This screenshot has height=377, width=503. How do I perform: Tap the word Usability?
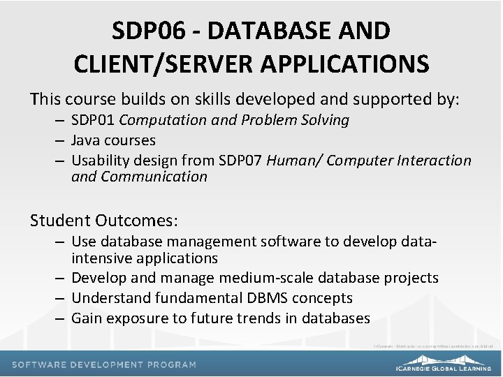[x=101, y=161]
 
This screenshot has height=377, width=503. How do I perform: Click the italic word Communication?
[x=154, y=177]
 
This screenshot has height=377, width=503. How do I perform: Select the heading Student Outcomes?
[x=104, y=221]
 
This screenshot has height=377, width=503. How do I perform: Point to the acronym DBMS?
[x=265, y=298]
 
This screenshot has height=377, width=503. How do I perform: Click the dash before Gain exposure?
[x=62, y=318]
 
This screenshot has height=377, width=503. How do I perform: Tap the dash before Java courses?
[x=62, y=140]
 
